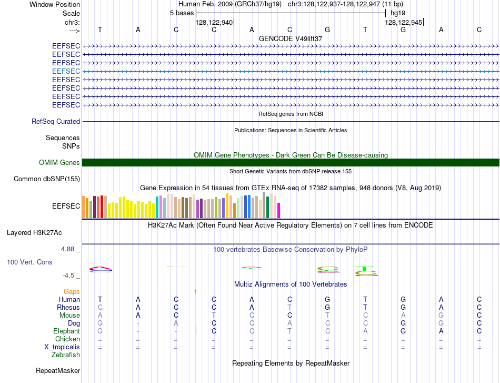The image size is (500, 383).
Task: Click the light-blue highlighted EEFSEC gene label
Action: click(x=66, y=71)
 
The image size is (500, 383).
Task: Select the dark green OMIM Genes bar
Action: click(x=291, y=162)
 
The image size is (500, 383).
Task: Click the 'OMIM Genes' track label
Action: click(x=59, y=162)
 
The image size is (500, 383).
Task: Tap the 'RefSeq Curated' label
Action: click(x=56, y=121)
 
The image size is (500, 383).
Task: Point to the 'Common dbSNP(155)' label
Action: click(x=47, y=179)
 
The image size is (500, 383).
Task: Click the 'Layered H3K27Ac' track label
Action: click(x=34, y=233)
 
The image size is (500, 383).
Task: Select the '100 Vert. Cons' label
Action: click(x=29, y=262)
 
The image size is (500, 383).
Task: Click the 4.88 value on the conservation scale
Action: click(x=67, y=249)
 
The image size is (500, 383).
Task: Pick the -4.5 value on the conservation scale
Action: click(x=68, y=276)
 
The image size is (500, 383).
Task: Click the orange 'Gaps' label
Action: click(x=72, y=291)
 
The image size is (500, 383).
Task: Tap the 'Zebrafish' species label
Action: click(x=66, y=355)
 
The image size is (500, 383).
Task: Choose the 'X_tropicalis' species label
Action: click(x=62, y=347)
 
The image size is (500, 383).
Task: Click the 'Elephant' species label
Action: click(x=66, y=331)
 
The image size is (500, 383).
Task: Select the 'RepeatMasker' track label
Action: click(x=58, y=370)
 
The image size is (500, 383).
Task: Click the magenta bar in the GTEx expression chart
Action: click(x=279, y=210)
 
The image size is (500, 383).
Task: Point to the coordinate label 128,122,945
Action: click(x=403, y=22)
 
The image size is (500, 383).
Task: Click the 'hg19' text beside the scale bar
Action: click(x=398, y=13)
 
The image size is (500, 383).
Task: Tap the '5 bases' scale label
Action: click(x=182, y=13)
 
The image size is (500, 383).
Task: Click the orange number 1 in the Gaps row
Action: click(x=195, y=291)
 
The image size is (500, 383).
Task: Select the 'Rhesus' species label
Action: click(x=68, y=307)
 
